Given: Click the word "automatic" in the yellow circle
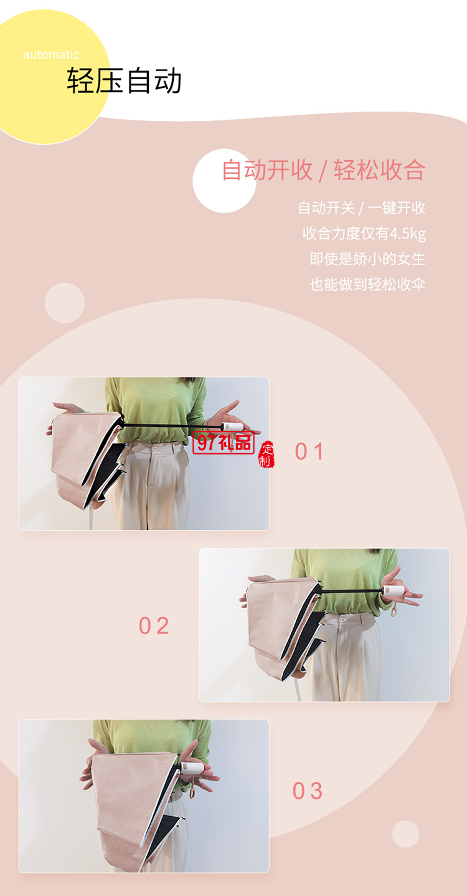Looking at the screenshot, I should pyautogui.click(x=51, y=55).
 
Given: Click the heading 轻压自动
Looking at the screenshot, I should pyautogui.click(x=125, y=81).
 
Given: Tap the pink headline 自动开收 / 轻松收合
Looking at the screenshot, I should pyautogui.click(x=324, y=170).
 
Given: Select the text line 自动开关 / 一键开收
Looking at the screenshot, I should pyautogui.click(x=361, y=208).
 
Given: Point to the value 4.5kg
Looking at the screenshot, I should pyautogui.click(x=407, y=234).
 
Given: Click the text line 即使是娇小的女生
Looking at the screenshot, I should pyautogui.click(x=367, y=259).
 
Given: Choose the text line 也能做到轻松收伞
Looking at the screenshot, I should pyautogui.click(x=367, y=284).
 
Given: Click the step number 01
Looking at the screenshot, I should pyautogui.click(x=309, y=451).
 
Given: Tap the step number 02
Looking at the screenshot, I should pyautogui.click(x=154, y=626).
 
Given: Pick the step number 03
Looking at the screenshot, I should pyautogui.click(x=308, y=791).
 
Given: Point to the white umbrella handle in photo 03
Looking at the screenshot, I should pyautogui.click(x=191, y=769).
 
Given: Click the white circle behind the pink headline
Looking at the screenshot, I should pyautogui.click(x=224, y=181).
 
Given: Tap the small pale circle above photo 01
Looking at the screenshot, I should pyautogui.click(x=64, y=303).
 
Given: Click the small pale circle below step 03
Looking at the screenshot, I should pyautogui.click(x=405, y=834).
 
